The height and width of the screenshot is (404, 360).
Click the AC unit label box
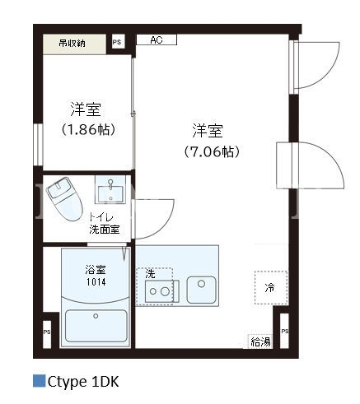tap(157, 40)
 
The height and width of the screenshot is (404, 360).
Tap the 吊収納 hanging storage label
tap(72, 44)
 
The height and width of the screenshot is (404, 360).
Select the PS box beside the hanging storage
tap(119, 42)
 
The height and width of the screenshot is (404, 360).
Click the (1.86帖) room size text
tap(88, 129)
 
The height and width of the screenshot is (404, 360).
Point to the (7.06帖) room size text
tap(212, 151)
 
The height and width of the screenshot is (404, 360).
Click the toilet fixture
tap(64, 198)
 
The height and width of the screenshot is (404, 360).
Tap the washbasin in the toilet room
tap(110, 190)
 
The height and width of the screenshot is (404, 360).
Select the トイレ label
tap(101, 217)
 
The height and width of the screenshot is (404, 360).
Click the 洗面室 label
tap(105, 230)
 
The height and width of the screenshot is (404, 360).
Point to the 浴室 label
tap(96, 270)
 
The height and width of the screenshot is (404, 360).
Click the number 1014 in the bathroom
tap(96, 282)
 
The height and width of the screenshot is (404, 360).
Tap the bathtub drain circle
tap(96, 316)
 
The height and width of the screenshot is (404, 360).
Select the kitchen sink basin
tap(201, 290)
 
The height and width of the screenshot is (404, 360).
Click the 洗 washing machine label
tap(150, 274)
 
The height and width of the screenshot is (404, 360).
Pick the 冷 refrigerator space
tap(271, 287)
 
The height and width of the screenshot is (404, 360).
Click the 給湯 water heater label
tap(260, 342)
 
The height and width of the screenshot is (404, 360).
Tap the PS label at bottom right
tap(285, 331)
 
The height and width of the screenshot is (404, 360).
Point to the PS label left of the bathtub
tap(47, 332)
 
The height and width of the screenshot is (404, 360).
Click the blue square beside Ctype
tap(39, 381)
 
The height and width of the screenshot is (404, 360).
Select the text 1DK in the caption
tap(105, 382)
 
